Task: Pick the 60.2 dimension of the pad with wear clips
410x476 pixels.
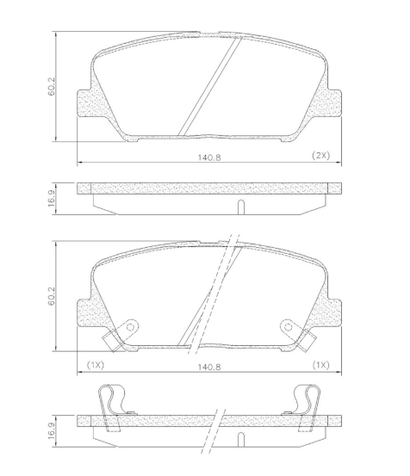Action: pos(53,298)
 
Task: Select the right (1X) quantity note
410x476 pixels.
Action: pos(320,365)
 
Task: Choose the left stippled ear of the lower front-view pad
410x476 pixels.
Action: pos(87,311)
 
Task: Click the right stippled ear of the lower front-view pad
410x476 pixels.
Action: pos(327,311)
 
